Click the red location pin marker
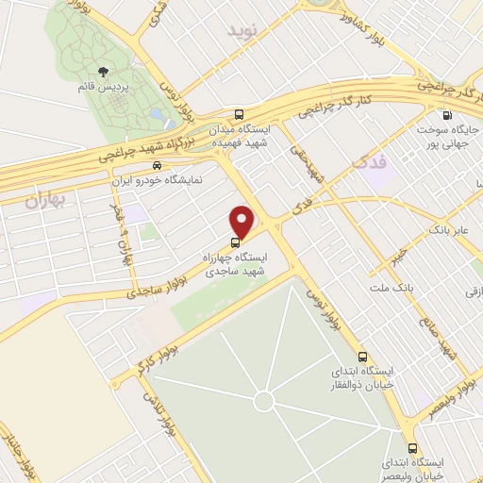tap(242, 221)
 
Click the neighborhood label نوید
tap(241, 31)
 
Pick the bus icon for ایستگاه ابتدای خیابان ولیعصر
tap(411, 448)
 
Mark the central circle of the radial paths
tap(262, 403)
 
